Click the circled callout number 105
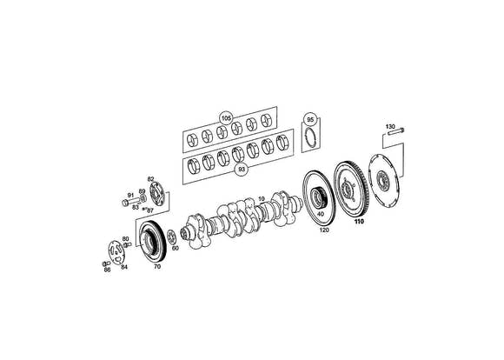(226, 118)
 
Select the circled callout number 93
(241, 170)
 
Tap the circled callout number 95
(310, 120)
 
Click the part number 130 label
(390, 126)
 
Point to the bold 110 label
(359, 222)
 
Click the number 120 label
(324, 230)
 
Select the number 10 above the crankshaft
(261, 199)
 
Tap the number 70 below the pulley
(157, 266)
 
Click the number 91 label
(130, 196)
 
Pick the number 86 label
(107, 270)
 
